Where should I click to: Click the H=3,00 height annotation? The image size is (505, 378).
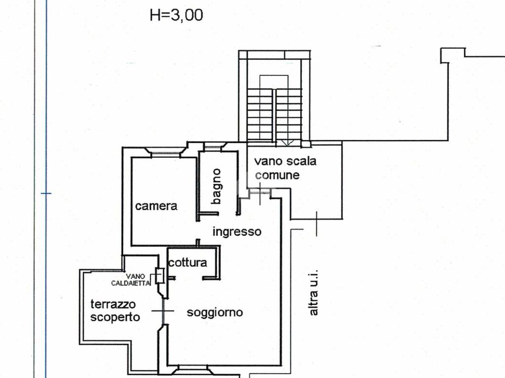click(176, 15)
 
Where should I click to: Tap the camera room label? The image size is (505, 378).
click(156, 206)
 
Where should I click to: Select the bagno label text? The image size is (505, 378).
click(216, 187)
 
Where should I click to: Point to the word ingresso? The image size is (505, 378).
click(237, 231)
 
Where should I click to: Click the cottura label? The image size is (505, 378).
click(187, 262)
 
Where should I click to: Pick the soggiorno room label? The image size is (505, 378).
click(215, 312)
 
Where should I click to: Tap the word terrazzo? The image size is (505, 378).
click(113, 304)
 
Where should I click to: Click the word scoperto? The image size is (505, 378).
click(115, 317)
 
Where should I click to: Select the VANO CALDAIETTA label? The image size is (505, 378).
click(131, 280)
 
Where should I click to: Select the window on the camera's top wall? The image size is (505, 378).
click(165, 154)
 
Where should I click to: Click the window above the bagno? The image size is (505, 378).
click(215, 146)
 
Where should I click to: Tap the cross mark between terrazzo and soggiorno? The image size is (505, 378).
click(162, 311)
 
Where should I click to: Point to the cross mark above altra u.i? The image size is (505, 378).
click(316, 222)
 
